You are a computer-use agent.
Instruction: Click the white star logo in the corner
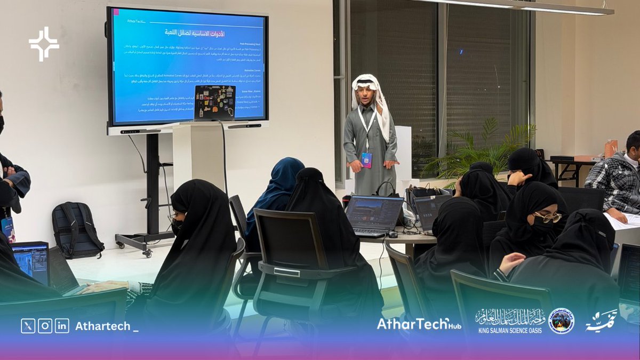coord(44,44)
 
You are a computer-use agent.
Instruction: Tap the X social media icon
coord(28,326)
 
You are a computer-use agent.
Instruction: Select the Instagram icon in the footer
coord(45,326)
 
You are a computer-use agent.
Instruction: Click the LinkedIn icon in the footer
coord(62,326)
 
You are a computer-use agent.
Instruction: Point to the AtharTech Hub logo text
coord(419,324)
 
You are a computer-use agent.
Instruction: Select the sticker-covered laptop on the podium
coord(214,102)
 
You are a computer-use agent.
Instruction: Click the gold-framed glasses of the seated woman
coord(547,217)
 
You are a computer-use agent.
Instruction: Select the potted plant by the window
coord(480,149)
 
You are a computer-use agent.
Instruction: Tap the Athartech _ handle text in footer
coord(107,326)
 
